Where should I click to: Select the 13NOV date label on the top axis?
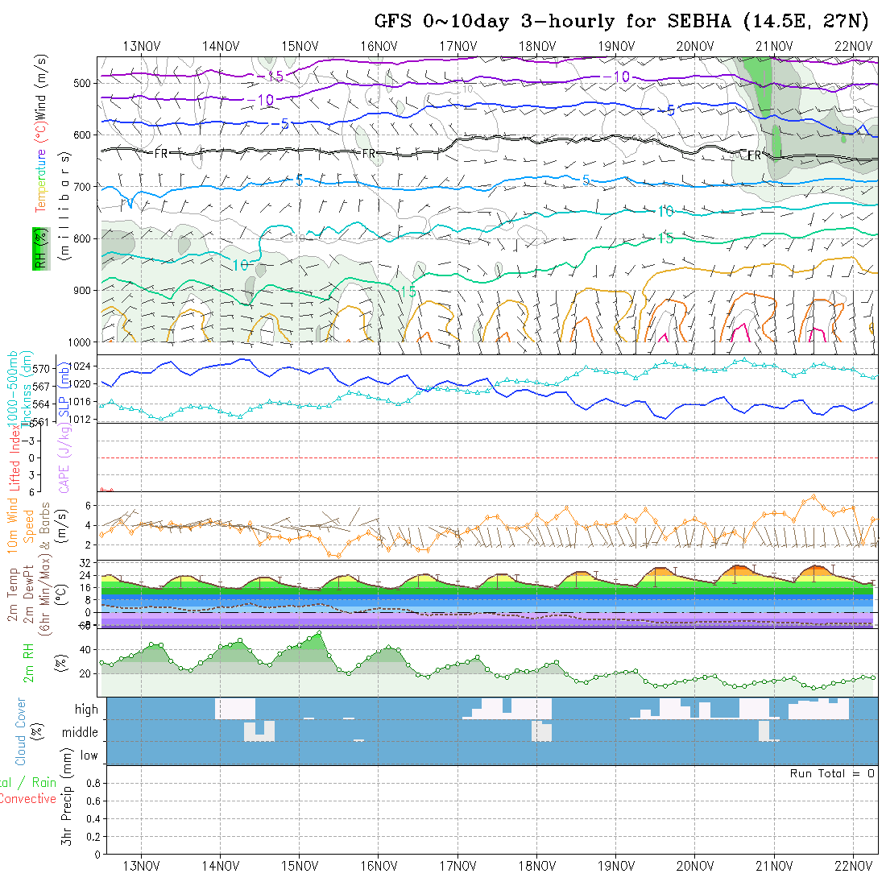(142, 45)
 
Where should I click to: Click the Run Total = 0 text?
(832, 773)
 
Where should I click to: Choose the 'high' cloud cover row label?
(86, 710)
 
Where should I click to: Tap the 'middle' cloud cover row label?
(81, 732)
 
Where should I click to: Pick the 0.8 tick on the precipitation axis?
(92, 783)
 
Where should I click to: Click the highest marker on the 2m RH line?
(320, 633)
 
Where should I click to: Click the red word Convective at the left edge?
(27, 799)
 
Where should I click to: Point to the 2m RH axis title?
(29, 661)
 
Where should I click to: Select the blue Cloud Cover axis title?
(21, 731)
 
